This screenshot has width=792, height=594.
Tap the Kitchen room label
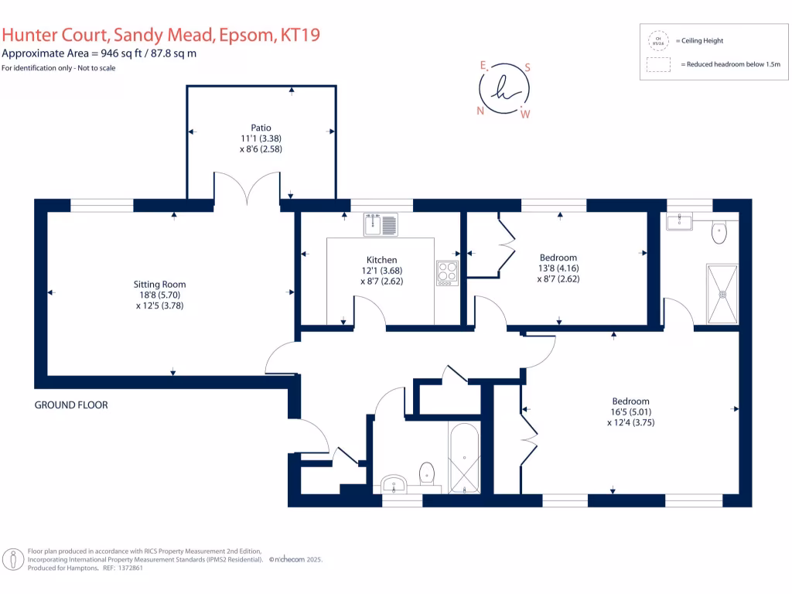(382, 260)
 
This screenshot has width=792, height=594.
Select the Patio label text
(261, 128)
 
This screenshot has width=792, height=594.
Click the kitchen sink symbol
(381, 224)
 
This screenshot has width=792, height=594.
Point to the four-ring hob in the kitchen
(447, 273)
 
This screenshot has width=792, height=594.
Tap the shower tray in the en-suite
(722, 294)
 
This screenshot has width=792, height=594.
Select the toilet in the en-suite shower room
(720, 231)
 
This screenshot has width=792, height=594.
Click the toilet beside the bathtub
(427, 472)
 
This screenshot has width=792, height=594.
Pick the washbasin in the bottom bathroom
(394, 484)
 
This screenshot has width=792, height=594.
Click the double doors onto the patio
(247, 190)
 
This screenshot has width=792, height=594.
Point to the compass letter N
(480, 111)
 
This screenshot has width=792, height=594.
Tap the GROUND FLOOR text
(71, 405)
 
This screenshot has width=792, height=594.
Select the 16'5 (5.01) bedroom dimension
(630, 412)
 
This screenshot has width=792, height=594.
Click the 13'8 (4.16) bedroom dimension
(558, 268)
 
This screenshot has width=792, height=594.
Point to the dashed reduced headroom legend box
(658, 65)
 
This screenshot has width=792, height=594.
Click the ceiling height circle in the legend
(658, 40)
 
